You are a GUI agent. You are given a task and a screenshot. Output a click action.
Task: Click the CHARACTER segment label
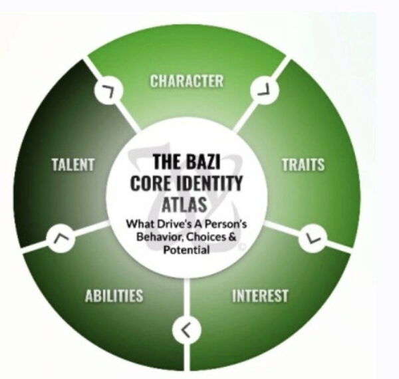point(186,81)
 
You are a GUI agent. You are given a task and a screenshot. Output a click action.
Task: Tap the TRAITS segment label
point(303,165)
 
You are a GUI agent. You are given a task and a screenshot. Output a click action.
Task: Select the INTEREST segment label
point(260,296)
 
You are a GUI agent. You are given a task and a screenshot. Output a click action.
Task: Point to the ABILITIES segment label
point(114,296)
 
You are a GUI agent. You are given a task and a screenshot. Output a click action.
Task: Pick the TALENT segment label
point(73,165)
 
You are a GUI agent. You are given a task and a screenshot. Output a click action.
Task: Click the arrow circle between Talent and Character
point(108,90)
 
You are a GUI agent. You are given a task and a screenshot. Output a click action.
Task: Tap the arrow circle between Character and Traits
point(265,90)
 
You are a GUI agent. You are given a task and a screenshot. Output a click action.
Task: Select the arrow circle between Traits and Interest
point(313,238)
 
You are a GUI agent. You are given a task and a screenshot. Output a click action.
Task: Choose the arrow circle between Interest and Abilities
point(186,330)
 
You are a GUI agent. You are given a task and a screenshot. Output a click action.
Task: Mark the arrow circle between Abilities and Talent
point(61,238)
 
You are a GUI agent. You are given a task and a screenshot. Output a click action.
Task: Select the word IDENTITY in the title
point(209,183)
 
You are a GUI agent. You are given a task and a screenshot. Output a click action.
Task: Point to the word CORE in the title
point(152,183)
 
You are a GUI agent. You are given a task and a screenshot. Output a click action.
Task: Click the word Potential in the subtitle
point(186,249)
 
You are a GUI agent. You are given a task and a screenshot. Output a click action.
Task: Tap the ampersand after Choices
point(232,237)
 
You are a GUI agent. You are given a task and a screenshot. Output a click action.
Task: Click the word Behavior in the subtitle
point(160,237)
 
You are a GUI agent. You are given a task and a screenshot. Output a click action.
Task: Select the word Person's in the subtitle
point(225,224)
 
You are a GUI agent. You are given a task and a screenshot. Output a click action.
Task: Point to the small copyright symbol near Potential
point(241,247)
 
